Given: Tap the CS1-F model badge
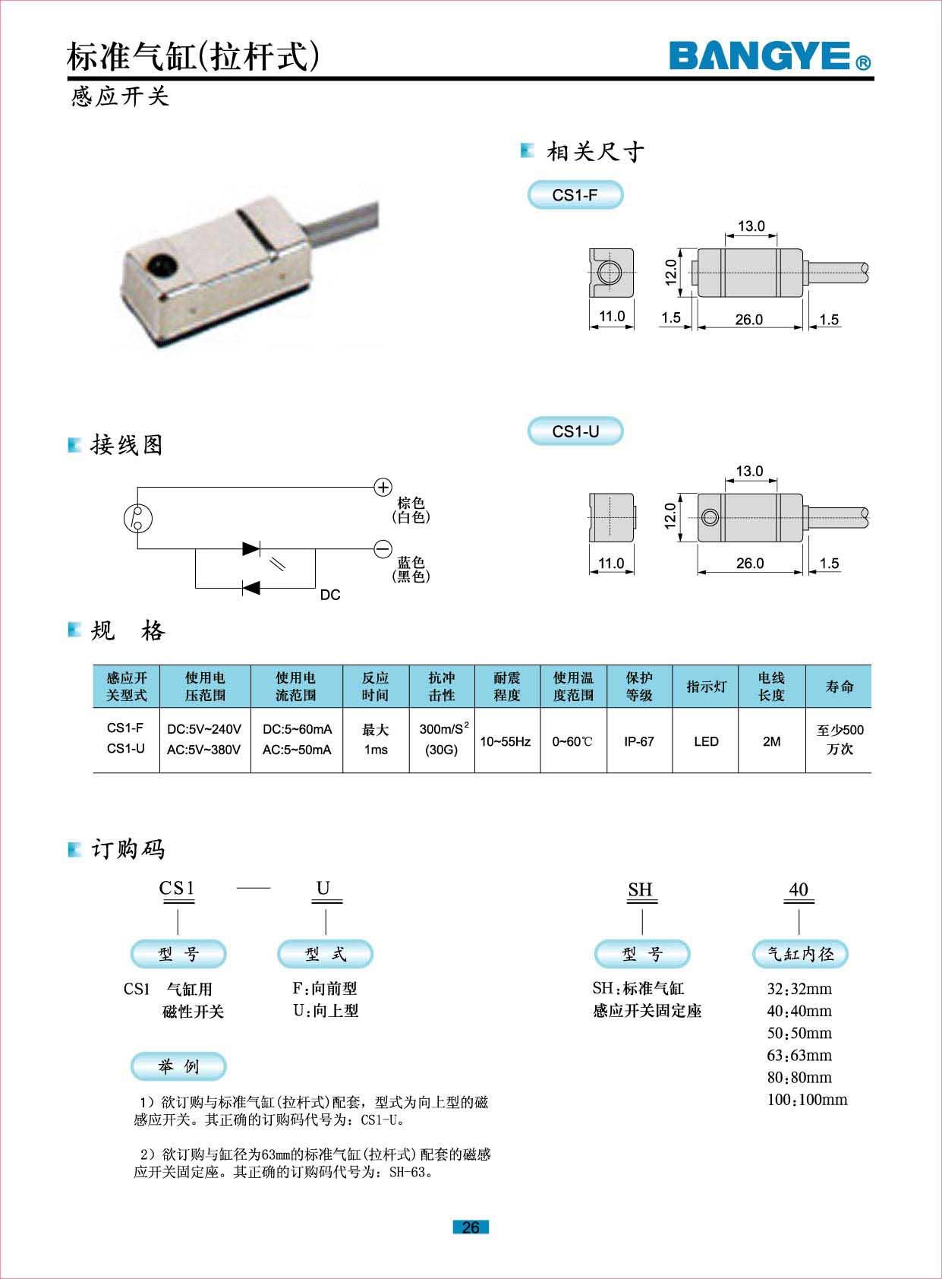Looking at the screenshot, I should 575,195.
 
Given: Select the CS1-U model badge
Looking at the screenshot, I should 575,431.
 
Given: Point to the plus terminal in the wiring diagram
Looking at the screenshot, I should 383,487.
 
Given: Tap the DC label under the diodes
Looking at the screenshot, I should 330,595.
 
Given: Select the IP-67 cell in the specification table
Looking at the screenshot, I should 639,741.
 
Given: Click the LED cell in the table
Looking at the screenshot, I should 706,741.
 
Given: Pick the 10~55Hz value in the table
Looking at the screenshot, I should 506,741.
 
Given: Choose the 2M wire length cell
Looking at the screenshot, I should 771,741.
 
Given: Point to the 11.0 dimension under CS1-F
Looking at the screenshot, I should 612,316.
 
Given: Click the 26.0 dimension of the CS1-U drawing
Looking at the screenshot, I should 749,563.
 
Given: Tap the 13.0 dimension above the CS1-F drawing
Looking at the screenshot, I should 751,226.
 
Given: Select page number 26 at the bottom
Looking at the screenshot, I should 471,1227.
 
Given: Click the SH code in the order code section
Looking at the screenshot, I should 640,889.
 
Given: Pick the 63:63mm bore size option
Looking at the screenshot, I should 799,1055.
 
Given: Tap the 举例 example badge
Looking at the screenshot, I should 178,1066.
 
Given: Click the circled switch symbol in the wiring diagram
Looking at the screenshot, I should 138,518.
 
